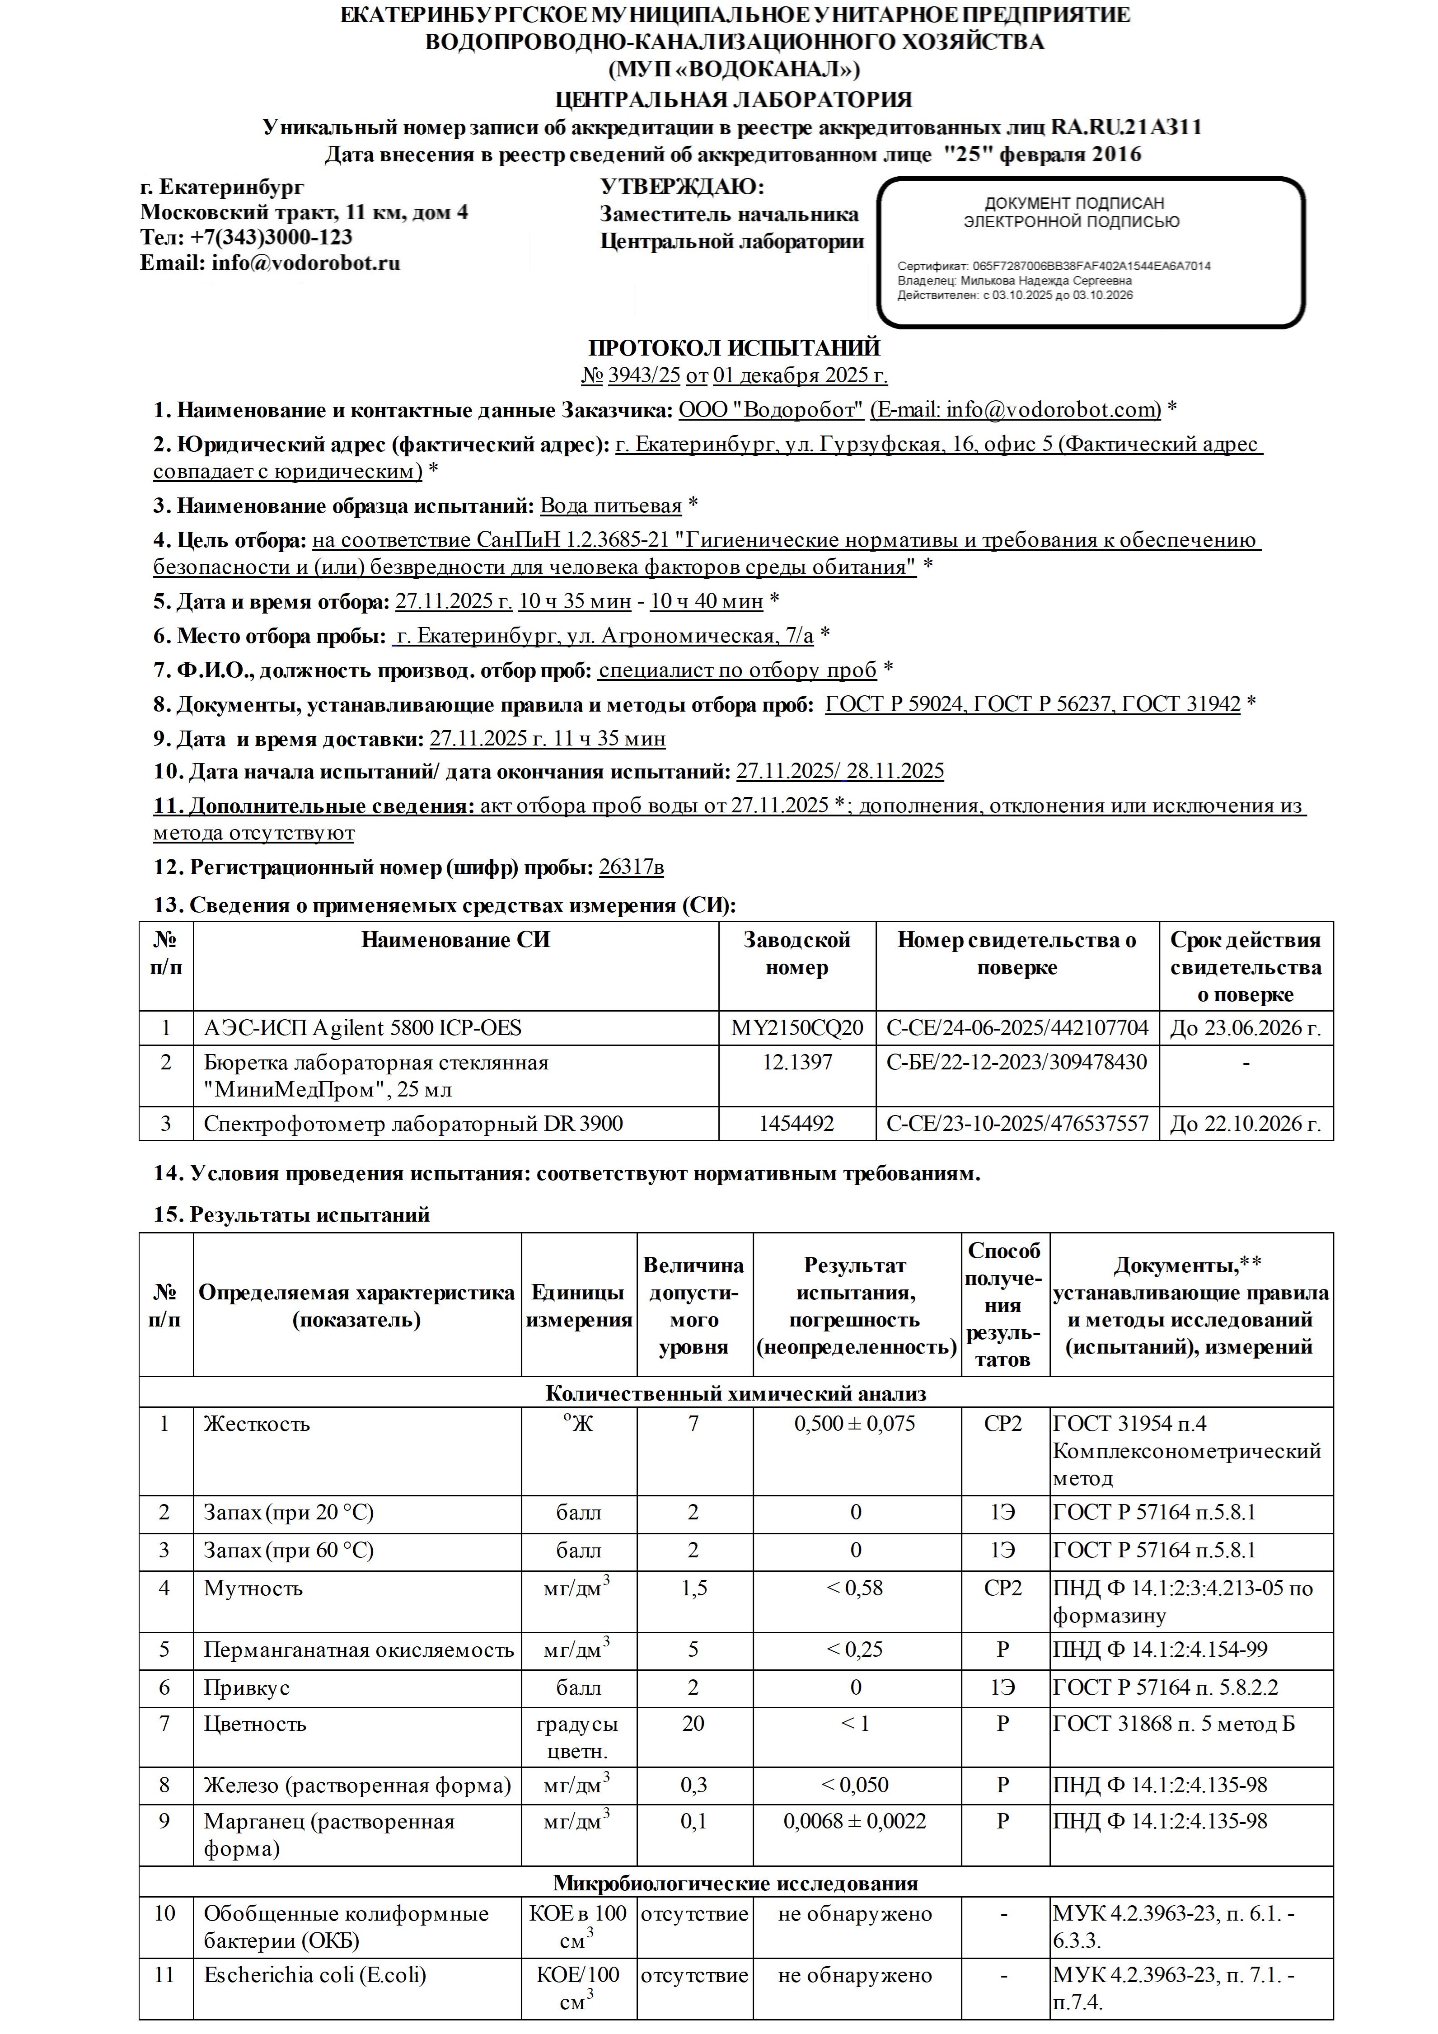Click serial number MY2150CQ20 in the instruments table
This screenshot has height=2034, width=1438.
[796, 1028]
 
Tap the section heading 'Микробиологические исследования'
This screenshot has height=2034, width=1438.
[735, 1883]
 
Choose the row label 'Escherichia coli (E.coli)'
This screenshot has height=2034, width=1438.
[314, 1976]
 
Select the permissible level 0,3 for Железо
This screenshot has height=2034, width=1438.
[694, 1785]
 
